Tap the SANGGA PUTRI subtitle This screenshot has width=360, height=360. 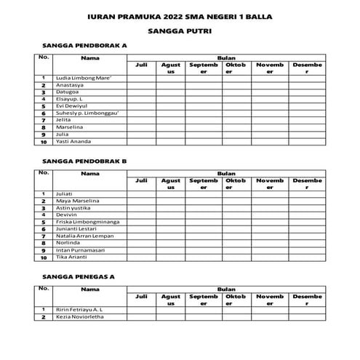click(180, 32)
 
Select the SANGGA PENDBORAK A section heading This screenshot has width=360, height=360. click(84, 45)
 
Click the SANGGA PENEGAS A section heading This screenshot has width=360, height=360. click(79, 277)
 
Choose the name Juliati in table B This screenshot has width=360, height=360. click(66, 193)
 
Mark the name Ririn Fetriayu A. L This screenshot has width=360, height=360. click(80, 310)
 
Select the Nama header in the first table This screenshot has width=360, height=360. click(90, 57)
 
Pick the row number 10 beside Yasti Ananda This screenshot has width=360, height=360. click(44, 141)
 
